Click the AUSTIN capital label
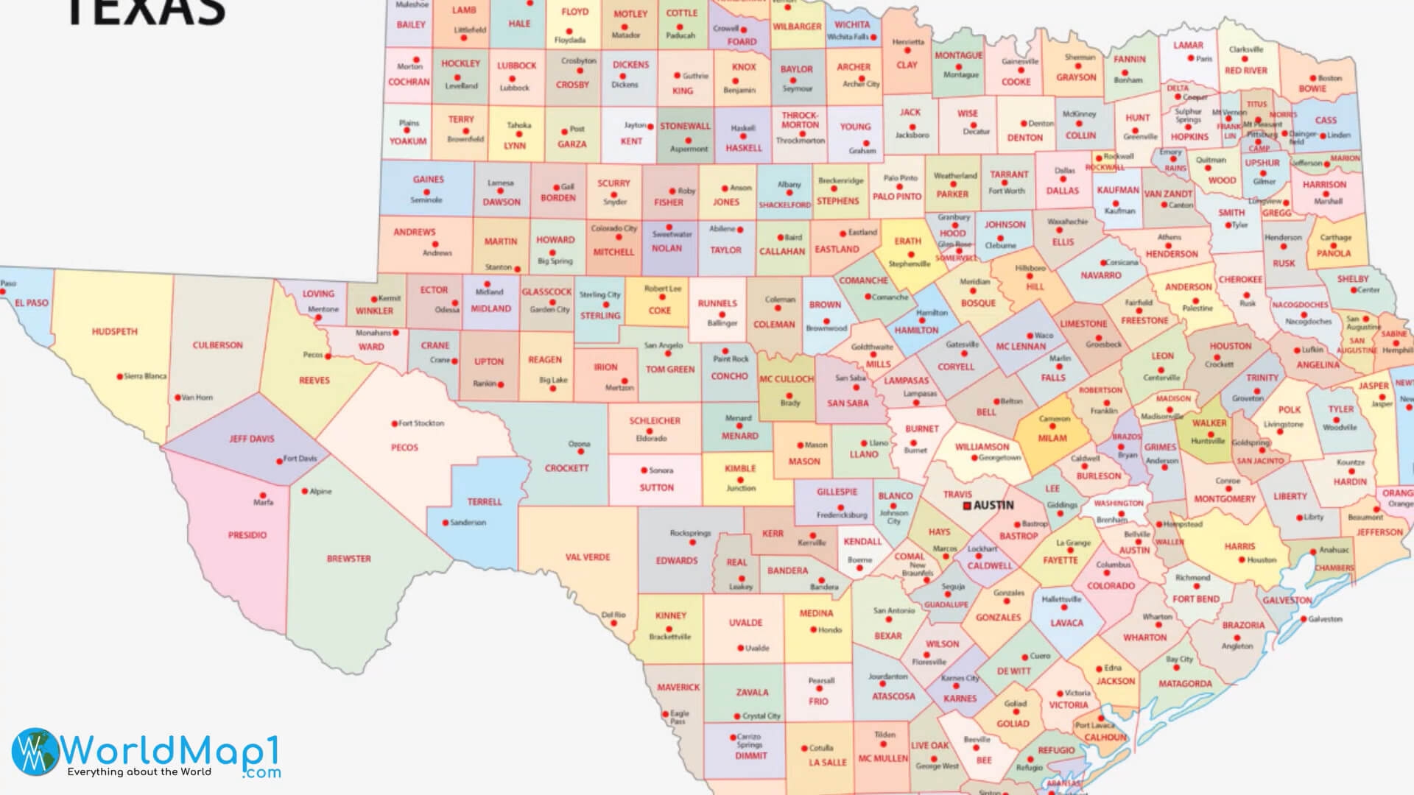993,506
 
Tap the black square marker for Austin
968,506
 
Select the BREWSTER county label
348,559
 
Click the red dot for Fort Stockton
394,423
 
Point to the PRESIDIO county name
247,535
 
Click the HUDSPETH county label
114,332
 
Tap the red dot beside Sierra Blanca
119,377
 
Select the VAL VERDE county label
587,557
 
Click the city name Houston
1262,560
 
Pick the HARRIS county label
1239,546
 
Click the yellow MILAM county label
1052,438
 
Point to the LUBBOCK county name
516,66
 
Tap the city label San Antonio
893,611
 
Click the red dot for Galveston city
1303,619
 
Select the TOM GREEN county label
669,370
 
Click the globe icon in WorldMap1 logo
35,752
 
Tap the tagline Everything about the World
139,772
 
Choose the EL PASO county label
31,303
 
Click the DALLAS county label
1062,191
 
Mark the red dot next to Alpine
305,491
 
